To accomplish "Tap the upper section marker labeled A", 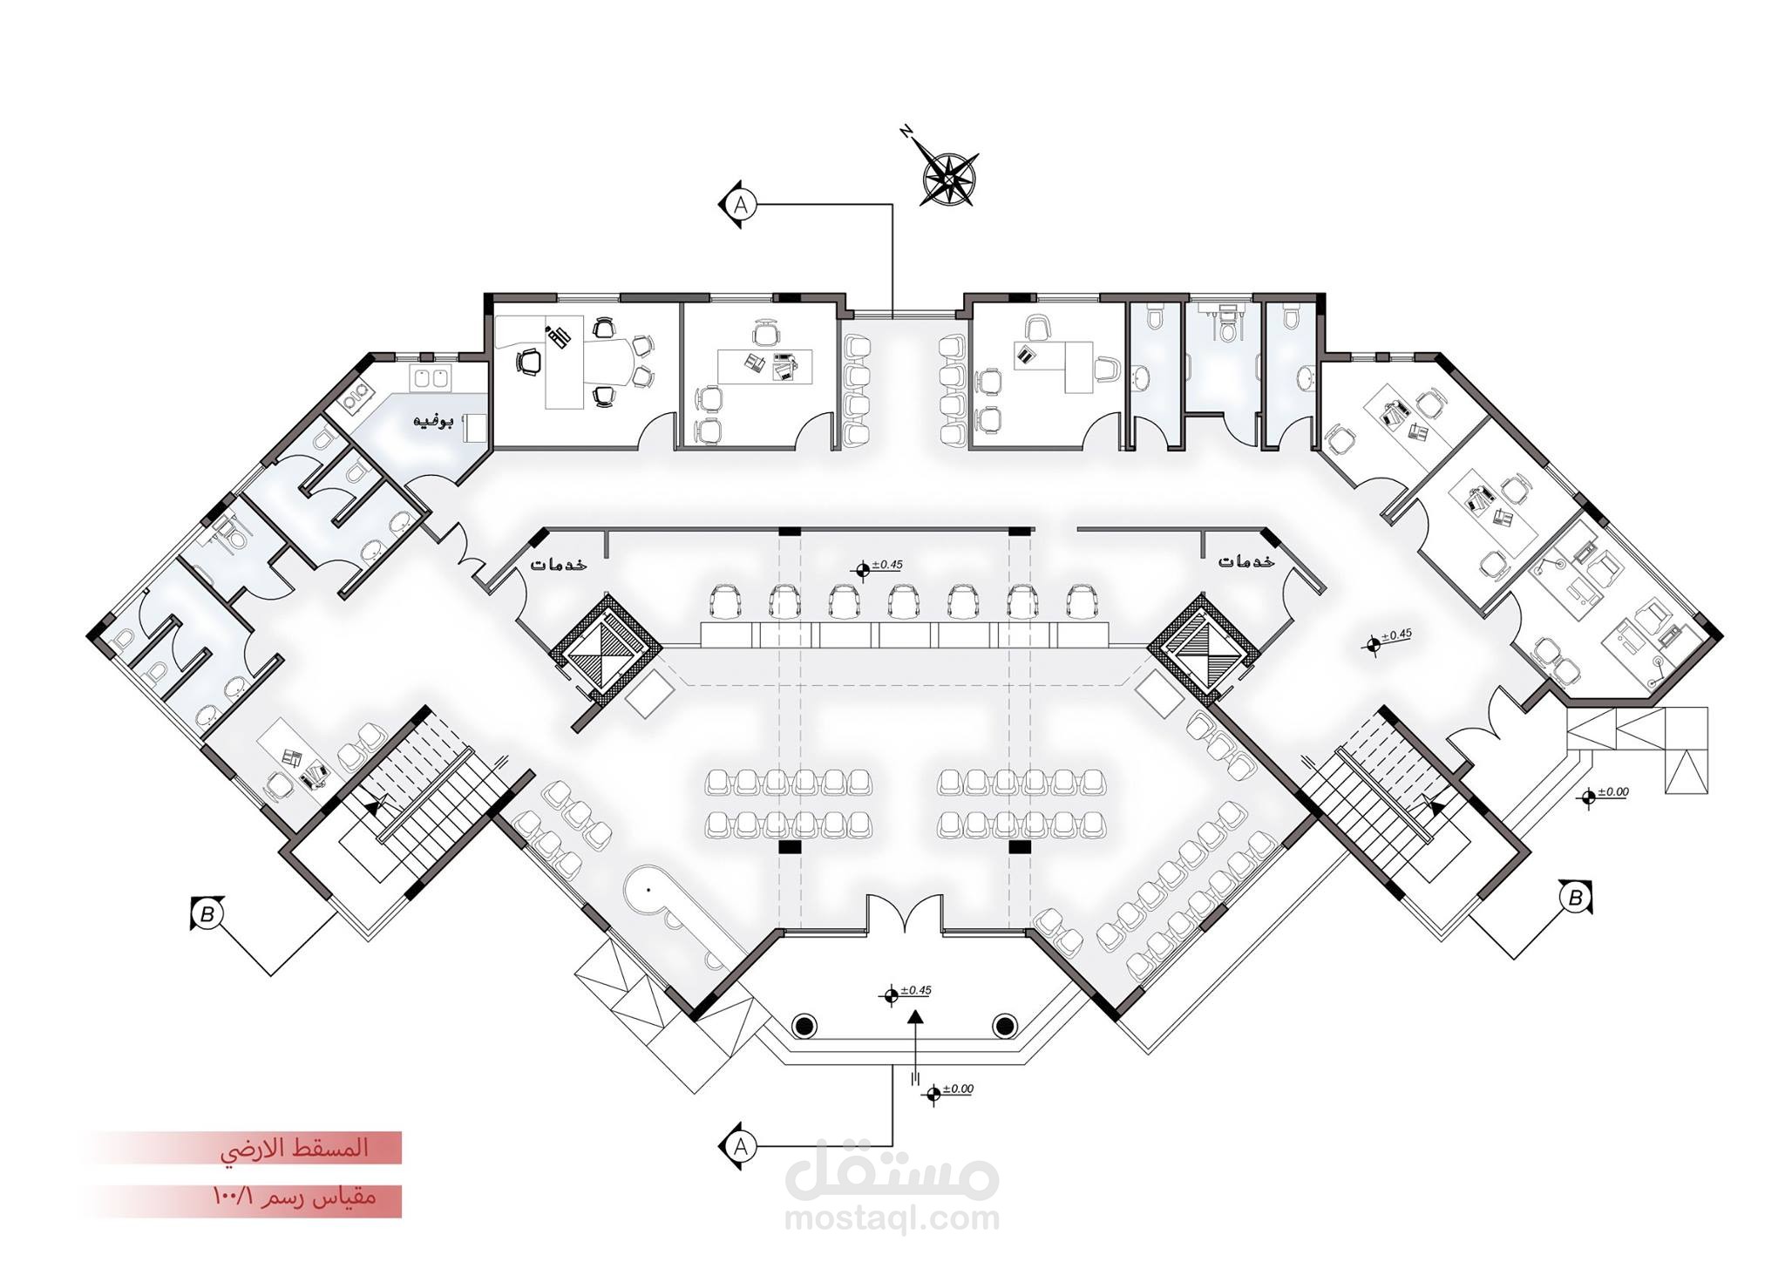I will (741, 205).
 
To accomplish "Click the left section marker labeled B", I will (207, 914).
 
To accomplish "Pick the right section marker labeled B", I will (1575, 898).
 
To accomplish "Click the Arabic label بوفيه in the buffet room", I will (433, 423).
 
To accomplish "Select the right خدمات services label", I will (1246, 561).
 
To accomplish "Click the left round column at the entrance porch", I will (804, 1024).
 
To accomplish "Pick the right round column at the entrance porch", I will (1005, 1024).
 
